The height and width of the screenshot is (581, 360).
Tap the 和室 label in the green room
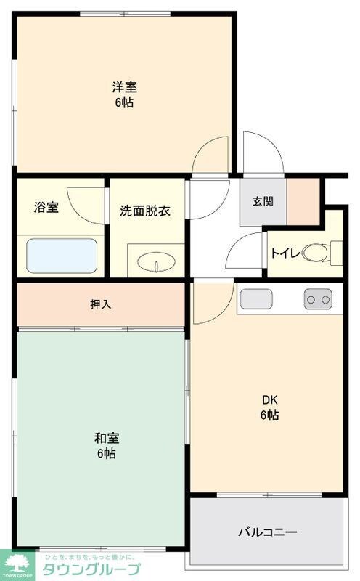[x=106, y=438]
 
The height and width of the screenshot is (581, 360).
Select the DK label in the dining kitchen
[x=269, y=399]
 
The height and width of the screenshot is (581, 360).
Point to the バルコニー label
[x=268, y=532]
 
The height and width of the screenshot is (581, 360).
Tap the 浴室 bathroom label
[x=46, y=207]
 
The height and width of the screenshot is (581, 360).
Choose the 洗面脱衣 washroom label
[x=145, y=211]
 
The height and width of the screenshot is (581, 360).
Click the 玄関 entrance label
[x=263, y=202]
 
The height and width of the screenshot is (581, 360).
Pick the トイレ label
[x=283, y=253]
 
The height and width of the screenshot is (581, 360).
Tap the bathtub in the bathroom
[x=62, y=255]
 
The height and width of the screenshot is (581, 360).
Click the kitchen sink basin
[x=255, y=298]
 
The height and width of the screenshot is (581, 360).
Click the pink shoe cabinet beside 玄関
[x=303, y=200]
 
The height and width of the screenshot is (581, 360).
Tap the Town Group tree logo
[x=19, y=563]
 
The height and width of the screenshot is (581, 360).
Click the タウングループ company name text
[x=91, y=568]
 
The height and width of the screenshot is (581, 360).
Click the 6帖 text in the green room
[x=106, y=454]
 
